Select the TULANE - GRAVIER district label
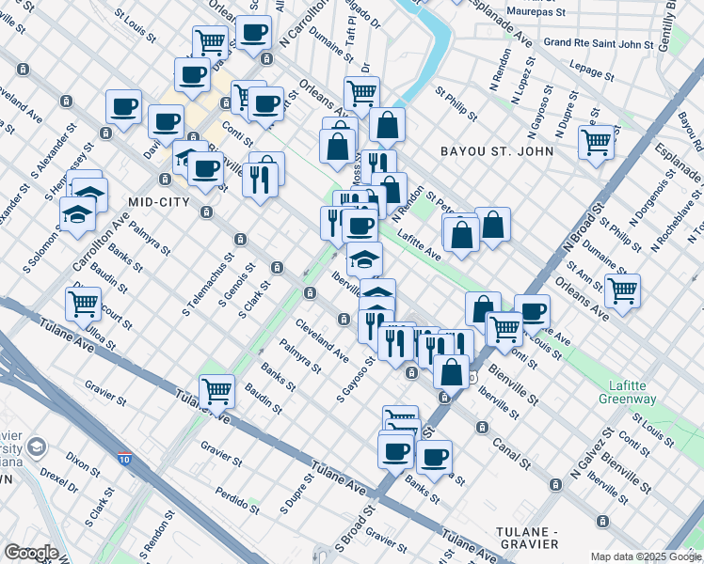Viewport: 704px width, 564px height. pyautogui.click(x=527, y=538)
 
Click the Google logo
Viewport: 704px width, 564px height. pyautogui.click(x=31, y=553)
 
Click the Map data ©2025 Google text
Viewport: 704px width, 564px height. pyautogui.click(x=646, y=556)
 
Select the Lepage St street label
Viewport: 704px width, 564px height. pyautogui.click(x=592, y=70)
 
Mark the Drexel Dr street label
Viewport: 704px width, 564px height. pyautogui.click(x=58, y=480)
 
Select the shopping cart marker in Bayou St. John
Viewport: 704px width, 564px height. pyautogui.click(x=597, y=143)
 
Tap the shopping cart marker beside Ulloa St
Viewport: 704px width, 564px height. pyautogui.click(x=84, y=304)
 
